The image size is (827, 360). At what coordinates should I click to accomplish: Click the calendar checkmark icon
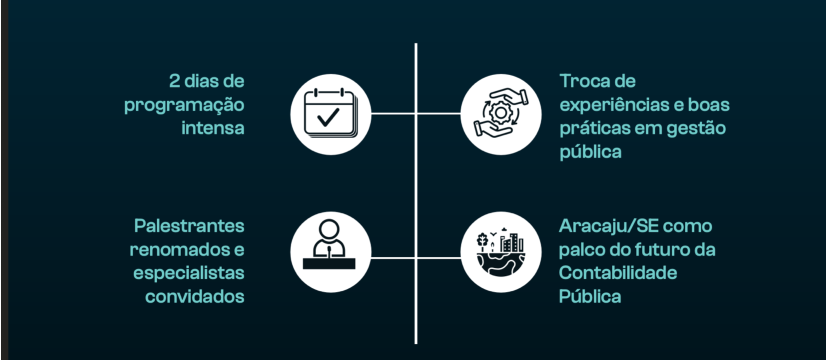point(330,114)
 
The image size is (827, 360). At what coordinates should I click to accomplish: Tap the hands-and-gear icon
point(500,114)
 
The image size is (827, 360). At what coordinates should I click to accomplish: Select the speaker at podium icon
point(330,251)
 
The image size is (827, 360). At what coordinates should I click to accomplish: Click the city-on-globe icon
point(500,251)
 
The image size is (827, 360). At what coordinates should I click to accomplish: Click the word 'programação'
point(184,105)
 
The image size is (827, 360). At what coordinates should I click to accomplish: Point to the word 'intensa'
point(212,128)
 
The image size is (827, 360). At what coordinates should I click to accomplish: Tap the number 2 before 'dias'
point(174,81)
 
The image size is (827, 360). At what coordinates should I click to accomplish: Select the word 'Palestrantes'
point(189,226)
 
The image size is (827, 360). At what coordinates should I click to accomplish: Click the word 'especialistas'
point(188,273)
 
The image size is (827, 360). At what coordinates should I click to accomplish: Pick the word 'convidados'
point(194,296)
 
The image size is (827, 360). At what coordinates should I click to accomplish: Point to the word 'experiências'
point(614,105)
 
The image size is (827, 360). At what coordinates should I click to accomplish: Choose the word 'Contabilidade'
point(618,273)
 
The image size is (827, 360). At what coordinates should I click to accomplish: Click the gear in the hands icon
point(500,113)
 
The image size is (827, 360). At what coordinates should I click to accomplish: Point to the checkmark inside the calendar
point(328,117)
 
